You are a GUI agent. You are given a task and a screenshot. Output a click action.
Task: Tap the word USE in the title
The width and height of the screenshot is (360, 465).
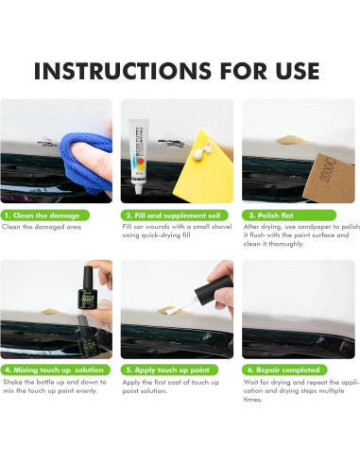pos(298,71)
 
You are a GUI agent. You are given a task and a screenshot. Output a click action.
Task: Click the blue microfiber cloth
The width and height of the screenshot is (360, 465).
pos(86,163)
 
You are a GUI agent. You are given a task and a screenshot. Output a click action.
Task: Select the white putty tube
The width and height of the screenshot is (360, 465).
pos(139,156)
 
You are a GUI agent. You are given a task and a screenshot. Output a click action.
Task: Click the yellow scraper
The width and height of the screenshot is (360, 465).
pos(205,168)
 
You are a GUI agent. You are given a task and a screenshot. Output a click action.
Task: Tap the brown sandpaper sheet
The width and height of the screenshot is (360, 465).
pos(329,178)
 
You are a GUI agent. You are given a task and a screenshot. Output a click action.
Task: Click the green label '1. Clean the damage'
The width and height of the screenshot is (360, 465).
pos(45,215)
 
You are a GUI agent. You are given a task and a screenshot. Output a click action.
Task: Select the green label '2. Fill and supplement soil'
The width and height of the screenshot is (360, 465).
pos(175,215)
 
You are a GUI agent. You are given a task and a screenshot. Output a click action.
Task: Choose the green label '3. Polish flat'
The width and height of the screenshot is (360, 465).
pos(289,215)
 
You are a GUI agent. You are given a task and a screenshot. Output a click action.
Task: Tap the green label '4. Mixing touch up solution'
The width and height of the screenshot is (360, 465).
pos(56,370)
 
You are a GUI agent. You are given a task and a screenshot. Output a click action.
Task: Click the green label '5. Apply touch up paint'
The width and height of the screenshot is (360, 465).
pos(169,370)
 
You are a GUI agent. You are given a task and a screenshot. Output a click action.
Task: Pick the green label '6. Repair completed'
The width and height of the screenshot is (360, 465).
pos(284,370)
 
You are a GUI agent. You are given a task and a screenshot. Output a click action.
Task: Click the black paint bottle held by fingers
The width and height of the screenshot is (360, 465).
pos(88,287)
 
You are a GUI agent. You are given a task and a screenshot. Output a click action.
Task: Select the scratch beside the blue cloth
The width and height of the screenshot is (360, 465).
pos(46,142)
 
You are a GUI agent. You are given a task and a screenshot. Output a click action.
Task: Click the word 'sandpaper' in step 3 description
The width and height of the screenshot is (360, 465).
pos(315,227)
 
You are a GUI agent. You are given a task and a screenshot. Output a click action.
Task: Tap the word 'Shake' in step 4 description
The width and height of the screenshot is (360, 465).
pos(13,382)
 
